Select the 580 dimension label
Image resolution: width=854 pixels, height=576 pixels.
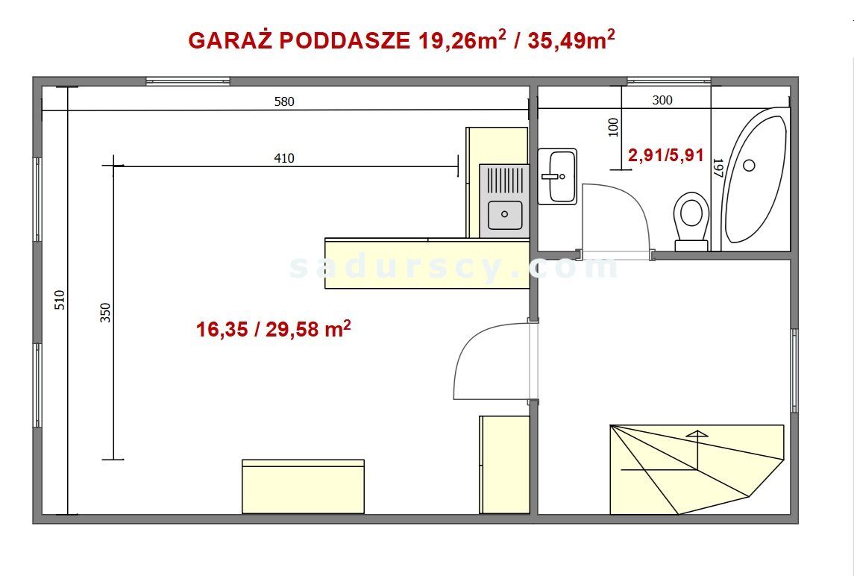[x=284, y=102]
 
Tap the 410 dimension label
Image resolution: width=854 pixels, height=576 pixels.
[x=284, y=158]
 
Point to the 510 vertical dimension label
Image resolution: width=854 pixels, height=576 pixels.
[x=60, y=300]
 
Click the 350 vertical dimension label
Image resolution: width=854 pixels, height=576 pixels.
[x=105, y=312]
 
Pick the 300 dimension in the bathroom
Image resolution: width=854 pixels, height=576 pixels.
[x=662, y=100]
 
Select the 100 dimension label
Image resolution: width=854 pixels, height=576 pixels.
[x=613, y=127]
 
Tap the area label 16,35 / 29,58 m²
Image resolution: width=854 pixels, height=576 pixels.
[x=273, y=330]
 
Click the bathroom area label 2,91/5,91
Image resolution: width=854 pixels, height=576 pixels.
[x=666, y=156]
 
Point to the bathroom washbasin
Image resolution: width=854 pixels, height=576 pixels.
[x=557, y=176]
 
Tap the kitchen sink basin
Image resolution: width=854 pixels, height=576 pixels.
[x=505, y=215]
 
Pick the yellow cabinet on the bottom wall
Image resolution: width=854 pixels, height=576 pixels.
[x=303, y=486]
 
